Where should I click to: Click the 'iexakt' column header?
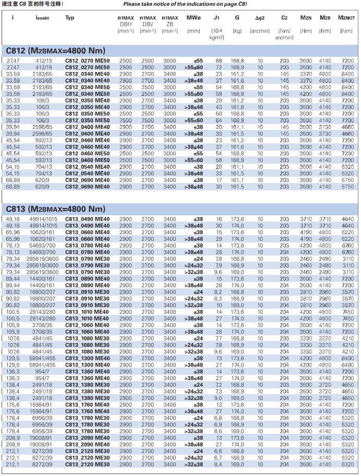(43, 18)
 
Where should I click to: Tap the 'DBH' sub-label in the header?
(125, 24)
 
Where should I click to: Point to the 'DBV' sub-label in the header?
(148, 24)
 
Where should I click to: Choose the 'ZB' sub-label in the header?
(170, 24)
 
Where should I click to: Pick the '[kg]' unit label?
(237, 31)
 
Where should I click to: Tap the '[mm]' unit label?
(194, 31)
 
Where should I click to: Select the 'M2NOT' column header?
(345, 18)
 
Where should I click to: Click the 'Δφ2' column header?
(260, 18)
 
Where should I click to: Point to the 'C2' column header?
(284, 18)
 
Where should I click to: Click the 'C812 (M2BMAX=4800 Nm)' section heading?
(56, 51)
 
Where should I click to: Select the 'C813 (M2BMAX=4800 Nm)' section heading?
(56, 209)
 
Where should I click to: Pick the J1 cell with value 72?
(219, 68)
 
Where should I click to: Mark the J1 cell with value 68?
(219, 62)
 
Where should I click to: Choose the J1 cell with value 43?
(219, 107)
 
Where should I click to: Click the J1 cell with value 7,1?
(219, 384)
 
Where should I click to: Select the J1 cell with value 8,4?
(219, 464)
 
